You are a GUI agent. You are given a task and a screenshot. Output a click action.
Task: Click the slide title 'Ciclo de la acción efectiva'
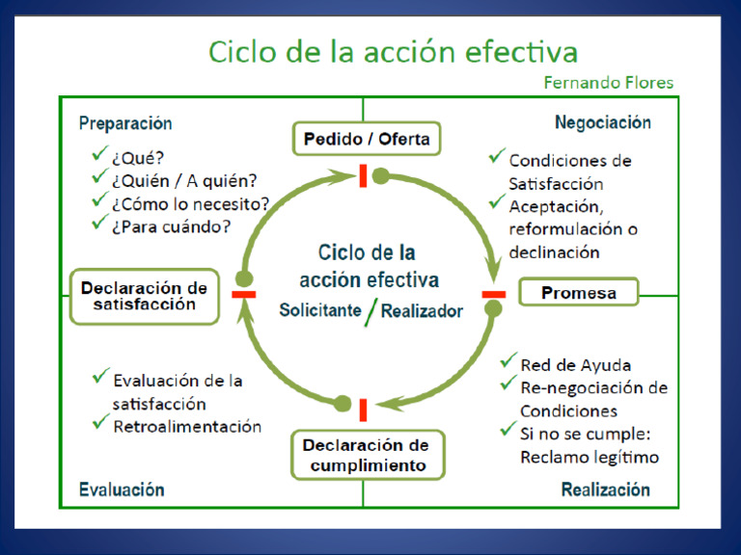[393, 50]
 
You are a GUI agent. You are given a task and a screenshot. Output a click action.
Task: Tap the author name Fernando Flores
[609, 83]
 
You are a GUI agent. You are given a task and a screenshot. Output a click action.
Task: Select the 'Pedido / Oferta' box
[366, 139]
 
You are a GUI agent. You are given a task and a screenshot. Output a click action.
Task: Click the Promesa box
[578, 292]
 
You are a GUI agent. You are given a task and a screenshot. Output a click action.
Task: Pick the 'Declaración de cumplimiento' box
[366, 455]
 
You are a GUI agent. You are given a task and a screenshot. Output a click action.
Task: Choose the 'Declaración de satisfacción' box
[144, 296]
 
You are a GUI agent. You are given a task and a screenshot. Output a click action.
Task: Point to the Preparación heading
[125, 123]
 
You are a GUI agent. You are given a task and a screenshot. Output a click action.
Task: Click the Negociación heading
[602, 123]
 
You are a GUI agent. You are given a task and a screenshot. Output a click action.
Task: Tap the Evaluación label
[122, 489]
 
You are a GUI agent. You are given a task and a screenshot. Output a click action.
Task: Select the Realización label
[605, 489]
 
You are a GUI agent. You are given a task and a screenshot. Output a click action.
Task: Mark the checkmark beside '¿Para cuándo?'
[98, 223]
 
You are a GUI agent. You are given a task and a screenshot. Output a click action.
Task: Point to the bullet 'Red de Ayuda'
[575, 365]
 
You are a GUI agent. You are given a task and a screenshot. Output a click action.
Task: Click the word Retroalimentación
[187, 426]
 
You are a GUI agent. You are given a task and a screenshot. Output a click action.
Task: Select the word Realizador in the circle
[422, 310]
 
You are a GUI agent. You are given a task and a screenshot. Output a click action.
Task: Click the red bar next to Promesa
[493, 294]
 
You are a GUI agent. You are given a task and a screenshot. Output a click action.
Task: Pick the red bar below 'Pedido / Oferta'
[364, 176]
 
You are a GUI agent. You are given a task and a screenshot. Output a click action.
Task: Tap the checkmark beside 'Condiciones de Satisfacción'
[497, 156]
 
